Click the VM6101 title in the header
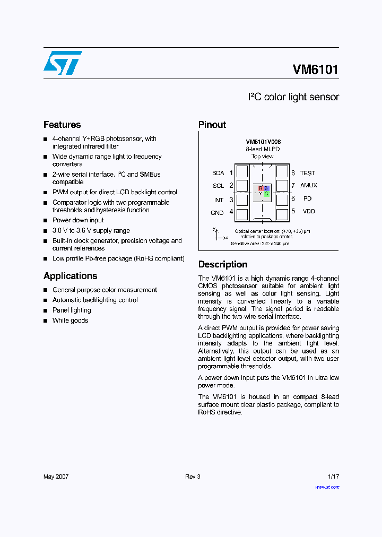315,70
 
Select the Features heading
62,125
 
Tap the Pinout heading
212,125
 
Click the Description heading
223,264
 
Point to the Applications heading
70,276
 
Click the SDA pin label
218,173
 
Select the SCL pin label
218,186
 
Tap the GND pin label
217,213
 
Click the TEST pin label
307,173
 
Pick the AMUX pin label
308,185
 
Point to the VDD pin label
308,211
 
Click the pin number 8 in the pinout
293,173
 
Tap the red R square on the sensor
261,188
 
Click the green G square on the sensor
266,194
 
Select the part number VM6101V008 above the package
263,142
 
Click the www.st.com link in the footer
327,487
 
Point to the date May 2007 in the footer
56,477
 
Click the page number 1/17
333,477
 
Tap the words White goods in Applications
70,321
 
